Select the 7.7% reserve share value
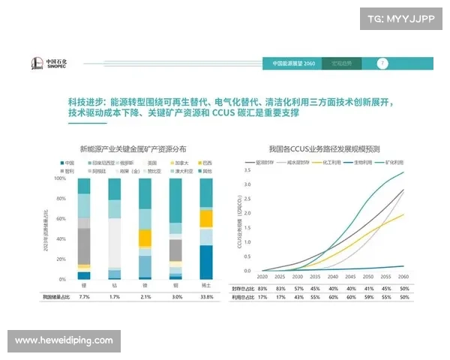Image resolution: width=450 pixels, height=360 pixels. coord(84,297)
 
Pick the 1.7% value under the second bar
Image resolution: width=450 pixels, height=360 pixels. coord(114,297)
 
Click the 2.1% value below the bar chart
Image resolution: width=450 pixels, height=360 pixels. coord(145,297)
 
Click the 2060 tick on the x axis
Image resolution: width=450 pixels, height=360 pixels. coord(403,277)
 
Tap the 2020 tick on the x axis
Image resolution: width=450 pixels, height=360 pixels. coord(263,277)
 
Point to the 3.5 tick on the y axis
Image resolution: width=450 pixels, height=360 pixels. coord(248,171)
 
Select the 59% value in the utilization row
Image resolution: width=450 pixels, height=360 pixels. coord(367,297)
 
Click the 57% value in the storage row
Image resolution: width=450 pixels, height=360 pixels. coord(298,288)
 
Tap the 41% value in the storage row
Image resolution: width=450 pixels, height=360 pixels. coord(367,288)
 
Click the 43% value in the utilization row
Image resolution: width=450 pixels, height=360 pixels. coord(298,297)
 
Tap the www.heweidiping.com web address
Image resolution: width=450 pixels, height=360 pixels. coord(64,340)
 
